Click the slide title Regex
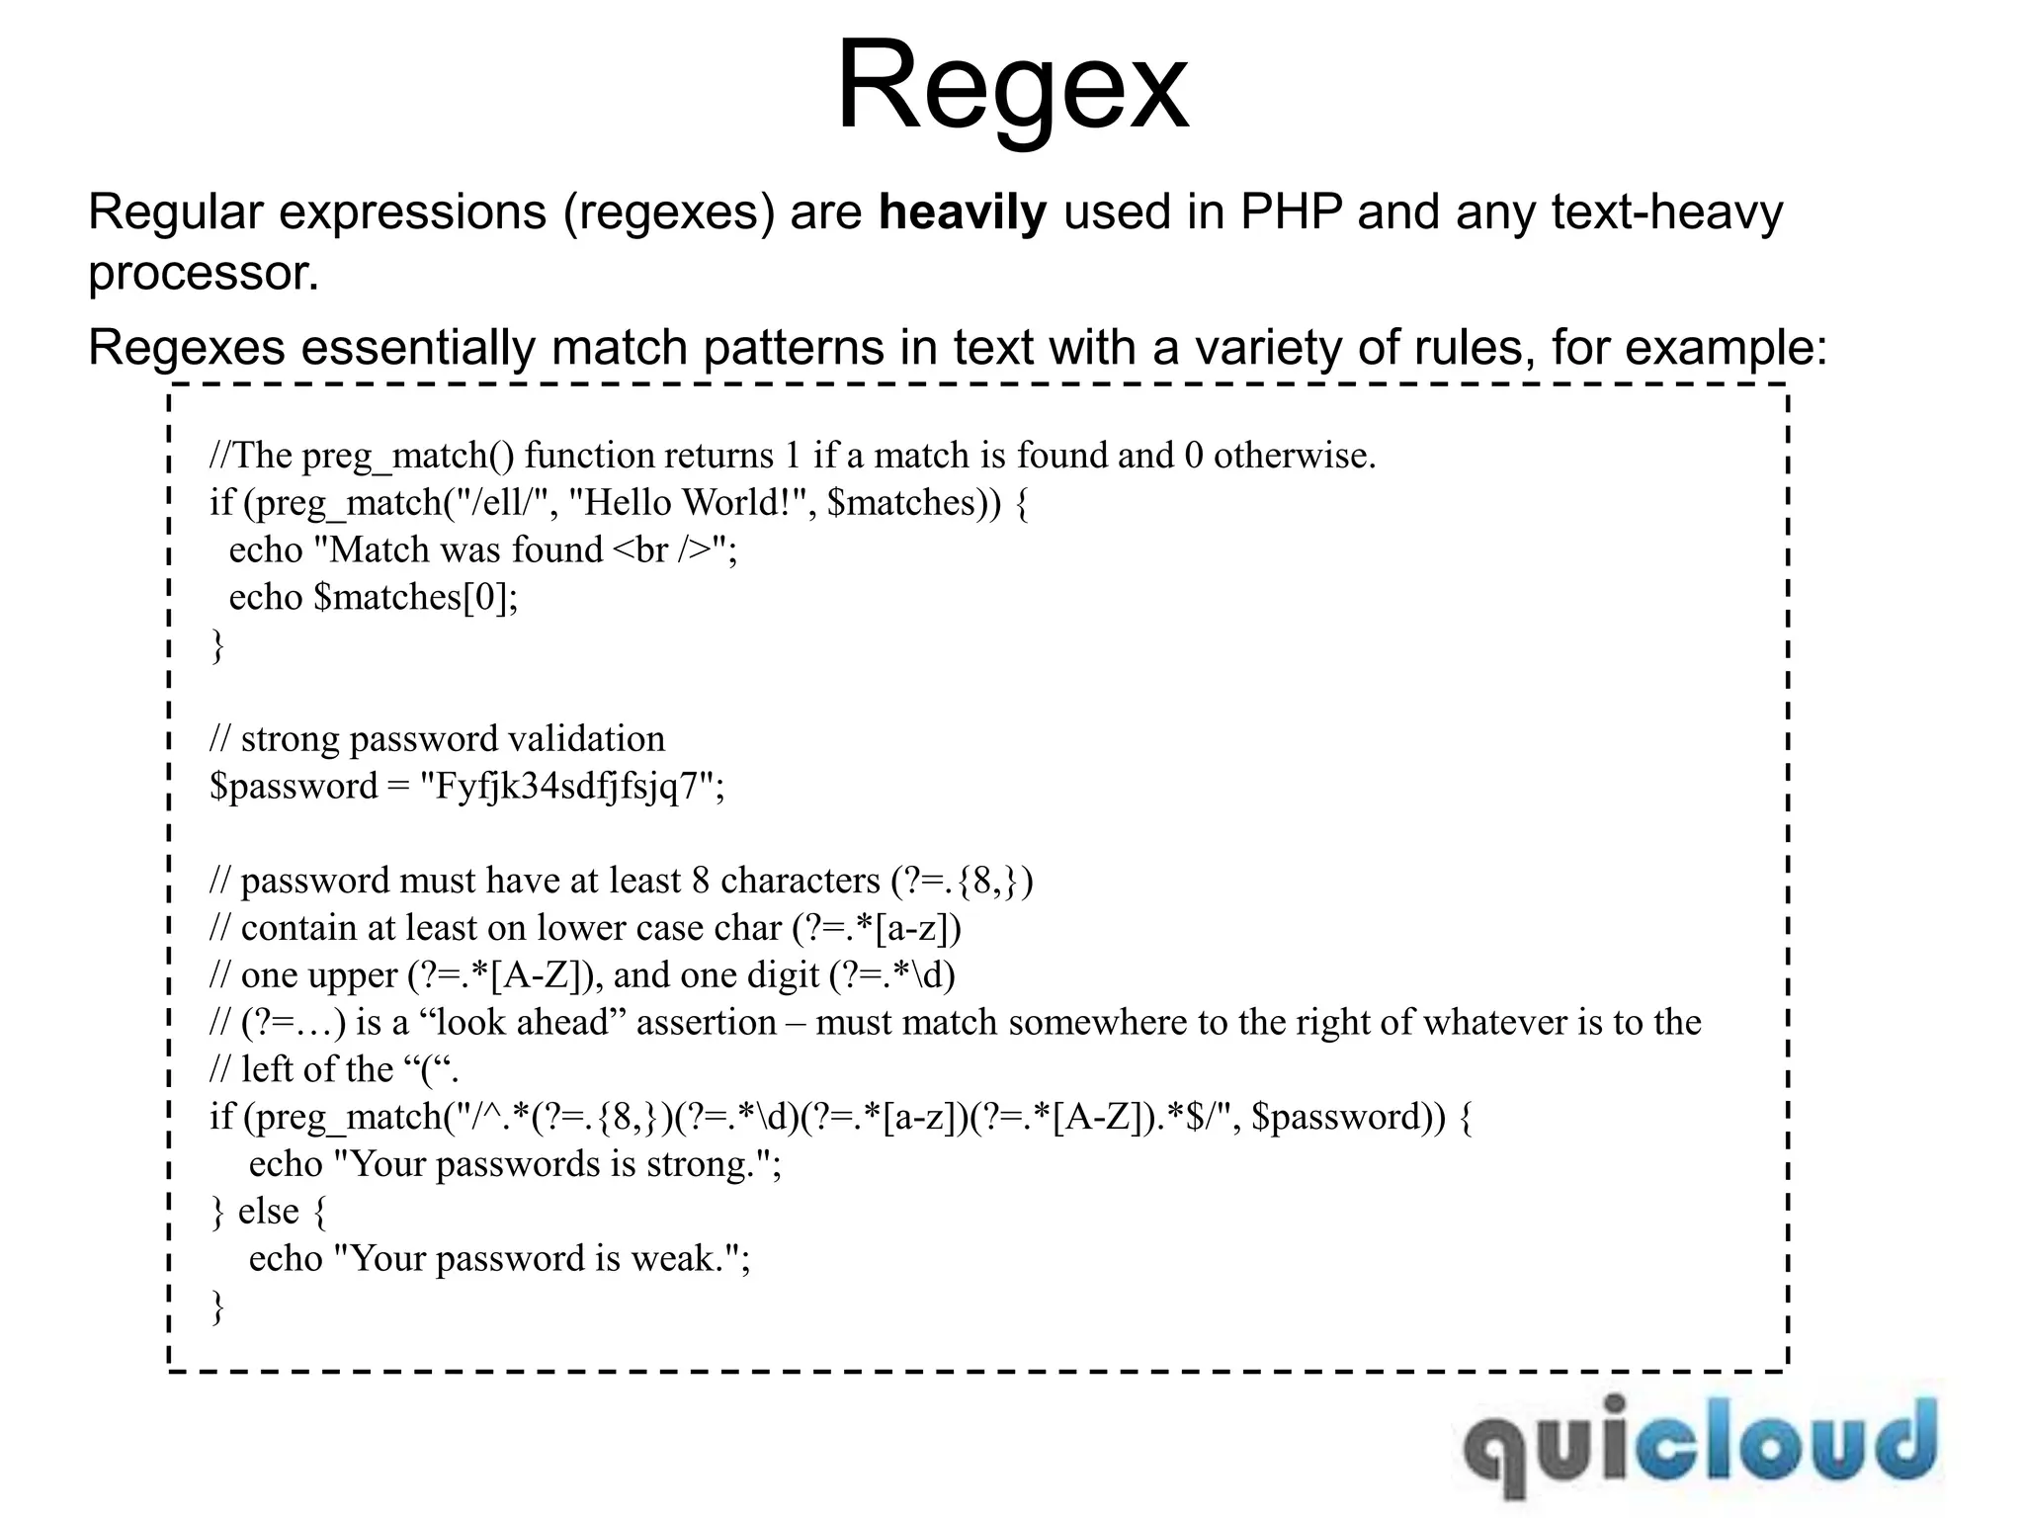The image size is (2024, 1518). point(1012,87)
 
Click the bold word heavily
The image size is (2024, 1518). point(962,212)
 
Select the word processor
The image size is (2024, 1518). point(203,273)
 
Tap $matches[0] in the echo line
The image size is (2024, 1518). point(415,598)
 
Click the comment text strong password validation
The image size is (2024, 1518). point(453,739)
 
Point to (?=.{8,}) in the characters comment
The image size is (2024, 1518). point(962,881)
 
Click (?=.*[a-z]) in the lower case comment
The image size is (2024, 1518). point(877,928)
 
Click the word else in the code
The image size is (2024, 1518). point(268,1212)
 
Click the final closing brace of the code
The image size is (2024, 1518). point(217,1307)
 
